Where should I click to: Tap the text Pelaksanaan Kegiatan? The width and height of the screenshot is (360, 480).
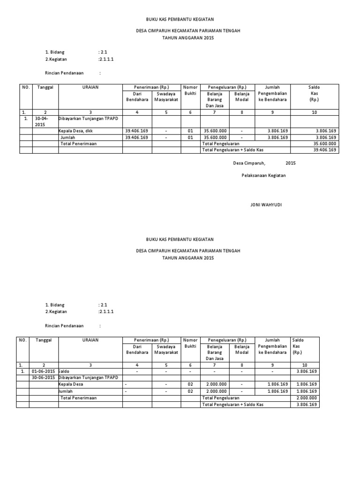click(x=263, y=175)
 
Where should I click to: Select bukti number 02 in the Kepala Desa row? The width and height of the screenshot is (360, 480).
click(x=190, y=384)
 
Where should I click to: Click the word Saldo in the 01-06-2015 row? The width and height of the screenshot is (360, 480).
click(x=64, y=371)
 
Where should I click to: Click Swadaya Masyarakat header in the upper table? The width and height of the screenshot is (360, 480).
click(x=166, y=96)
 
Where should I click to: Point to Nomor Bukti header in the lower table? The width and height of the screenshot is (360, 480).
click(x=190, y=343)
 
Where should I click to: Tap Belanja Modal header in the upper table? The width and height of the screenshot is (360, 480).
click(x=242, y=96)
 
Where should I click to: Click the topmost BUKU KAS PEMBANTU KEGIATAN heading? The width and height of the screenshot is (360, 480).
click(x=180, y=19)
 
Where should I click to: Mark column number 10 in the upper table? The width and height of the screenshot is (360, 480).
click(x=314, y=112)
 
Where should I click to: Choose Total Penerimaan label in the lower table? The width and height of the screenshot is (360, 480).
click(x=78, y=397)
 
